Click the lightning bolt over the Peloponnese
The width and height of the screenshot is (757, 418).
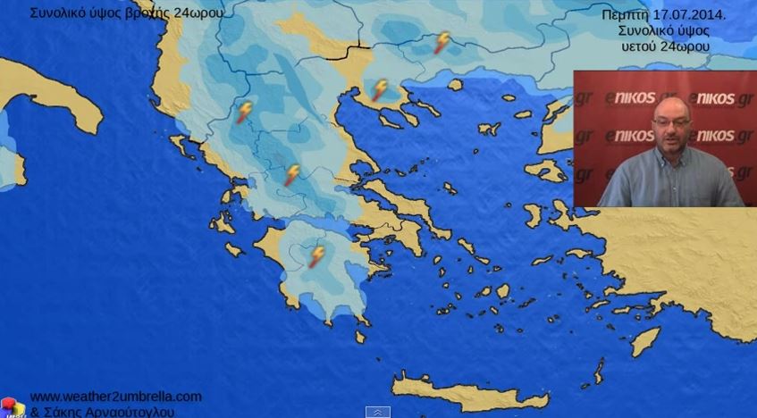pos(316,256)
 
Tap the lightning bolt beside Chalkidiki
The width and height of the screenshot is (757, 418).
pos(380,89)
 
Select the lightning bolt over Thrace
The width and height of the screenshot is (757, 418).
pos(442,42)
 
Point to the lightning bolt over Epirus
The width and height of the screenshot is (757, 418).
pos(244,112)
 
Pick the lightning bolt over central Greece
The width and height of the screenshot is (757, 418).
pos(291,174)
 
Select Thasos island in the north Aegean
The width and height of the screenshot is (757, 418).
pos(456,85)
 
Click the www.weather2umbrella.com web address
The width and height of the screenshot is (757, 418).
pos(116,397)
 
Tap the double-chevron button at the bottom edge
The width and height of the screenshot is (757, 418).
pos(378,412)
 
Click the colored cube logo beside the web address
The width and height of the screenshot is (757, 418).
pos(13,407)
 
